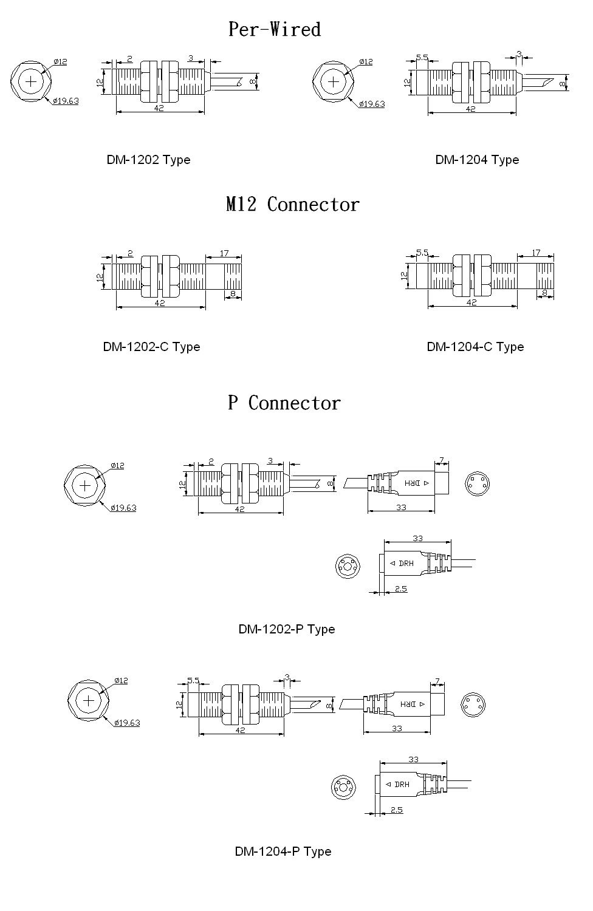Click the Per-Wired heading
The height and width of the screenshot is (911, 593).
click(x=274, y=29)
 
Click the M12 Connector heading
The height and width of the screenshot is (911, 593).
click(x=293, y=204)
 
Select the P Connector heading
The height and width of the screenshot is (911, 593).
click(x=284, y=403)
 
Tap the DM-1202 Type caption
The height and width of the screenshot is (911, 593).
click(x=149, y=160)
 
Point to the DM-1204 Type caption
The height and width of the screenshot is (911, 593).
click(x=477, y=160)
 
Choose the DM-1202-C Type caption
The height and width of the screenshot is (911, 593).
click(x=151, y=347)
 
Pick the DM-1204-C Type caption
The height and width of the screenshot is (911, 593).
click(x=475, y=347)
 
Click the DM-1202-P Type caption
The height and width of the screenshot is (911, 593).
click(x=287, y=629)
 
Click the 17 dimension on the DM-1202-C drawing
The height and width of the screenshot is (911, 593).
click(x=224, y=253)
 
